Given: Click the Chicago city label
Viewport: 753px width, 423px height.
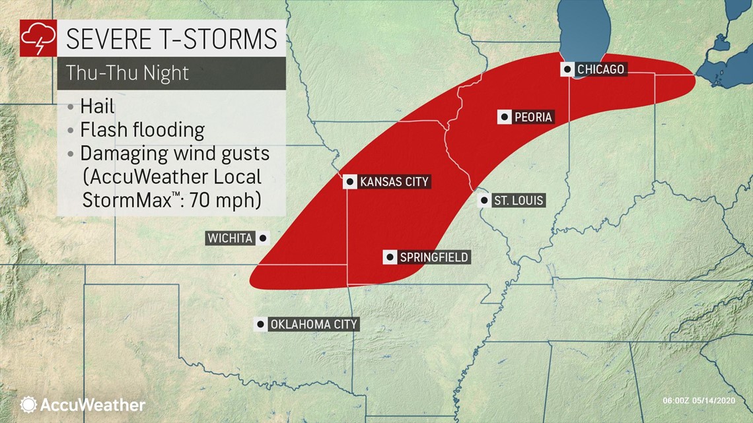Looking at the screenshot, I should [x=600, y=69].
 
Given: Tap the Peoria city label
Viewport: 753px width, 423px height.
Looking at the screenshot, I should [x=532, y=117].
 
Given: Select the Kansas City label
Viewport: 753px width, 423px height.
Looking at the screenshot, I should [x=394, y=181].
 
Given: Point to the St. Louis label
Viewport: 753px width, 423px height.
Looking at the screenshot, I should [x=519, y=200].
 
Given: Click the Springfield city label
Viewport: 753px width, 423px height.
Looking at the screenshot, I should [x=434, y=257].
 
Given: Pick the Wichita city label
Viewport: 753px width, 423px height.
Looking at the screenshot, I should [x=231, y=238].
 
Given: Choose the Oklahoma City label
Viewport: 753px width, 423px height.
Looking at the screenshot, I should [x=314, y=324].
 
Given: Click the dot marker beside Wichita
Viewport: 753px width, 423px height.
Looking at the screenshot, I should [x=263, y=238].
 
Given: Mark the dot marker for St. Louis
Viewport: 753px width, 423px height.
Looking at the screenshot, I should [x=484, y=200].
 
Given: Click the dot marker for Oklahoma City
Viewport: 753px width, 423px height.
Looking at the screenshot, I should [x=261, y=324].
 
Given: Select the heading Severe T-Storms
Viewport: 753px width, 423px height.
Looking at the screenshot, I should [x=171, y=39].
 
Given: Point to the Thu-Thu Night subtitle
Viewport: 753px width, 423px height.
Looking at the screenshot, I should [x=127, y=73].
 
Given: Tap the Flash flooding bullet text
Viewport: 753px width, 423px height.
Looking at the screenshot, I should [x=142, y=130].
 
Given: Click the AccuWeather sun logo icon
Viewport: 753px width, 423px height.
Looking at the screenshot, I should [x=28, y=405].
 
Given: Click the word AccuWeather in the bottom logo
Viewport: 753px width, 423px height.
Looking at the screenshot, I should [x=92, y=405].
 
